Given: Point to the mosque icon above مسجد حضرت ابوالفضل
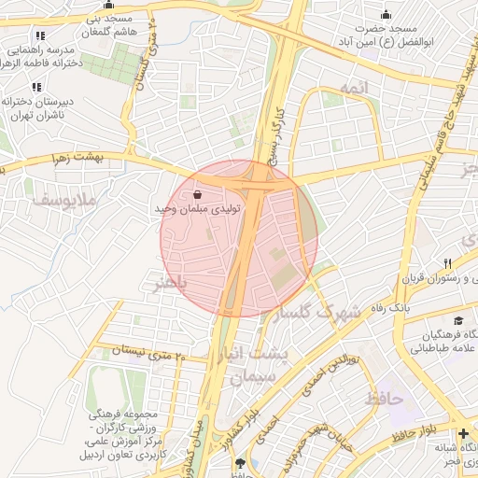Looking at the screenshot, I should (387, 14).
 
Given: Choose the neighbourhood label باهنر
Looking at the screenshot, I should (170, 282).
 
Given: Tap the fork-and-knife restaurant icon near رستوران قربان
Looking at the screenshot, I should (449, 263).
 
